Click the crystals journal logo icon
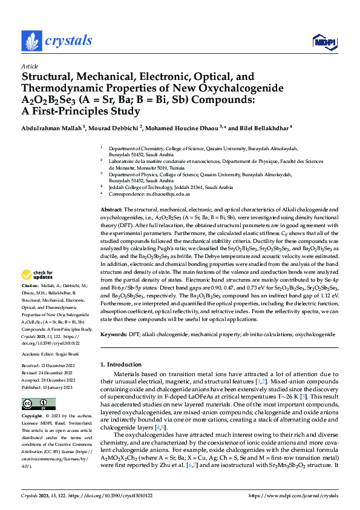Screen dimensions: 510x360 [30, 41]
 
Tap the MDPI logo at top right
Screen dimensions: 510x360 [324, 41]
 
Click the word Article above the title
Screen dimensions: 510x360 [29, 67]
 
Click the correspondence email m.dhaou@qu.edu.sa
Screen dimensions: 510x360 [165, 194]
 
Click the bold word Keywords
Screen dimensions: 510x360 [113, 334]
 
